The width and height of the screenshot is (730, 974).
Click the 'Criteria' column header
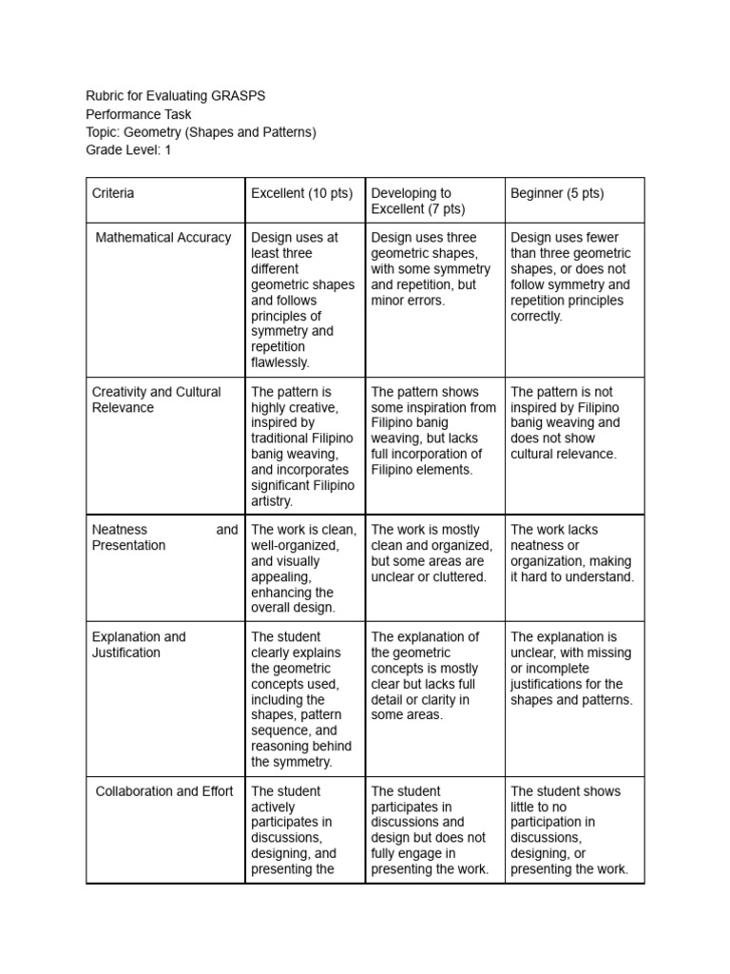point(113,193)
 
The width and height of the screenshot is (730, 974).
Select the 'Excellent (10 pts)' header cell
point(301,193)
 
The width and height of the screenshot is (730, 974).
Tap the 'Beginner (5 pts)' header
point(557,193)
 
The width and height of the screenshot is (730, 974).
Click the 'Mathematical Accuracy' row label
point(163,238)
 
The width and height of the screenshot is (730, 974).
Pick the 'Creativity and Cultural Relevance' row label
point(156,399)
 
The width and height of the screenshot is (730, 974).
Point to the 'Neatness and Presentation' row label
point(163,537)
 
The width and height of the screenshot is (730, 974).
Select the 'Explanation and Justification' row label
point(139,645)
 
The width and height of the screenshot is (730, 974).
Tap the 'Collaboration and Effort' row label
point(164,791)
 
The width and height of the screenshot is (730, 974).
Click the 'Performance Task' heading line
point(139,113)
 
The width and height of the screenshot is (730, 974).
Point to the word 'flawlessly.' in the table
point(280,362)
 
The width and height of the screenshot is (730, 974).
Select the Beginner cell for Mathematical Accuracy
point(573,277)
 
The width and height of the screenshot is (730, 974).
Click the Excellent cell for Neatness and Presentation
point(303,569)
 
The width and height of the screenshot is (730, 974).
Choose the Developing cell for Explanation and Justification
point(433,675)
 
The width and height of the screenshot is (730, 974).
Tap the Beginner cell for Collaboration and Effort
point(573,829)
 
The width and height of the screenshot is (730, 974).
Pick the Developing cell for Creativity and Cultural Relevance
point(433,431)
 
